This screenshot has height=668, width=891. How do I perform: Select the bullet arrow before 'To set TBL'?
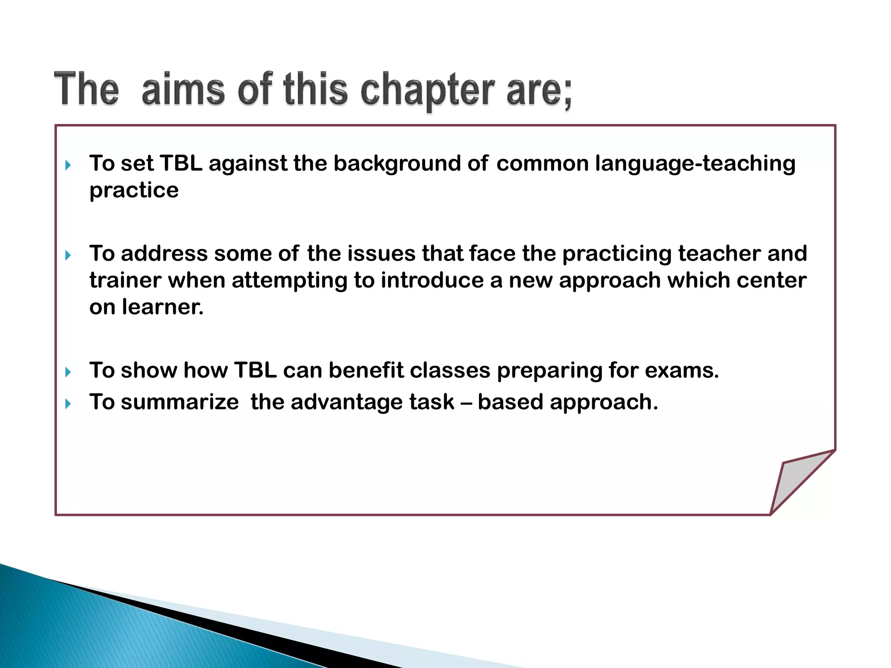[x=68, y=165]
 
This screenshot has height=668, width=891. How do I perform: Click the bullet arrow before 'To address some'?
[x=68, y=255]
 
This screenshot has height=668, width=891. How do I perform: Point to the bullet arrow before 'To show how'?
[x=68, y=372]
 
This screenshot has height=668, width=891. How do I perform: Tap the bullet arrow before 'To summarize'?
[x=68, y=404]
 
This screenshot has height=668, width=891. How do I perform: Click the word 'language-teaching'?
[x=695, y=164]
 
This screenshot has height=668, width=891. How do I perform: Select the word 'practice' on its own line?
[x=134, y=190]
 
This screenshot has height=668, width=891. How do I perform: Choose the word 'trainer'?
[x=126, y=281]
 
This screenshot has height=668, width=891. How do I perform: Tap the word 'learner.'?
[x=163, y=307]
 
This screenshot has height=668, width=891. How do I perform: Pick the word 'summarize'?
[x=180, y=402]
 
